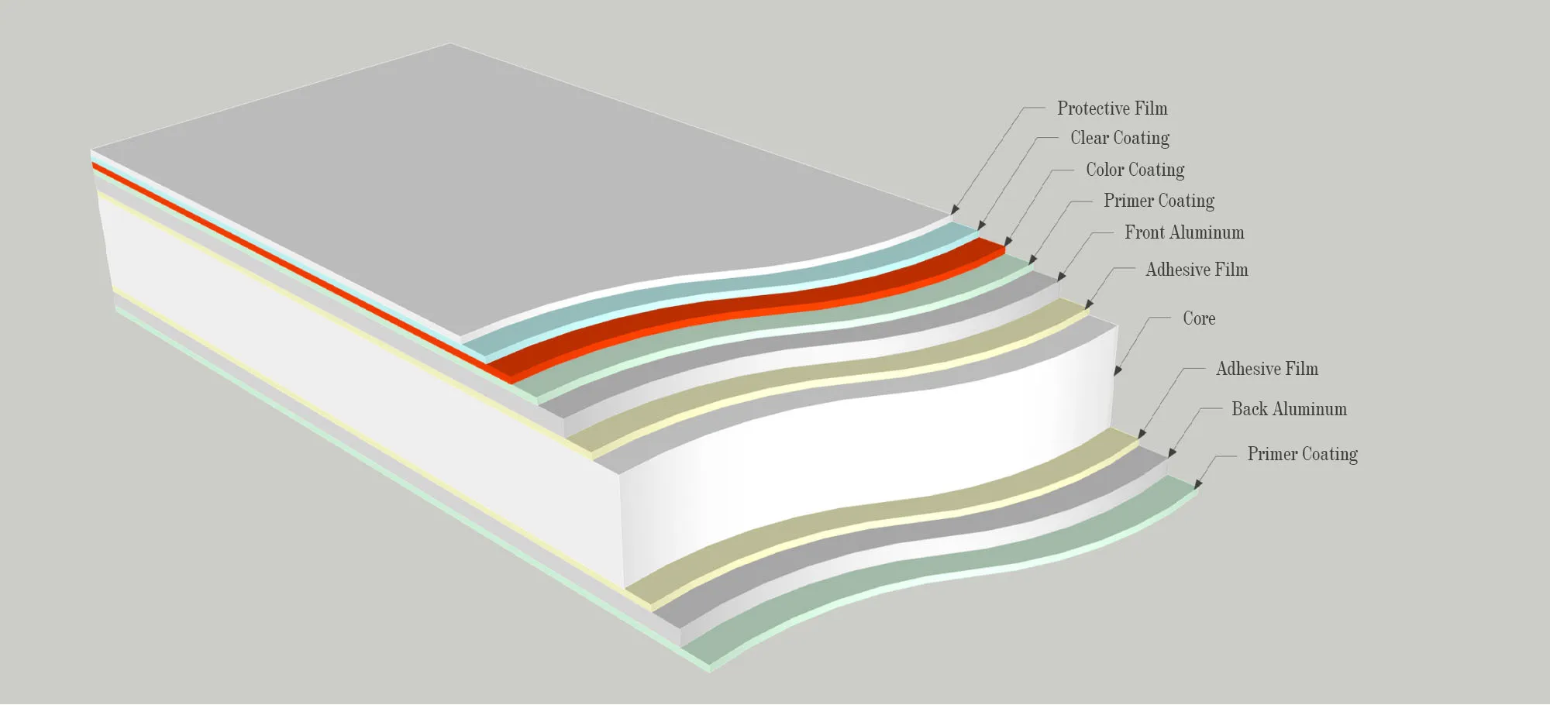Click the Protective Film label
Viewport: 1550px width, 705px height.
(x=1111, y=108)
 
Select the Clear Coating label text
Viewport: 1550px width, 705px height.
(x=1119, y=138)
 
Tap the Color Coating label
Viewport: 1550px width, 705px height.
(x=1135, y=170)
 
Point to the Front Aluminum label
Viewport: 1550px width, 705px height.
(x=1183, y=232)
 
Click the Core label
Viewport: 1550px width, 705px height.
(x=1198, y=318)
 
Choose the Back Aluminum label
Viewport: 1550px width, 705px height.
(x=1289, y=409)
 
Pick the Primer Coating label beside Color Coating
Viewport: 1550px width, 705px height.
(x=1159, y=201)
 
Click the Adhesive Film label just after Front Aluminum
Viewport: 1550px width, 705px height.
(x=1197, y=270)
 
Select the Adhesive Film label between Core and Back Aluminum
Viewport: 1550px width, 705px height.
(x=1266, y=369)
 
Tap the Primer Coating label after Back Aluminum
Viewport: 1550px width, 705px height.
(x=1302, y=454)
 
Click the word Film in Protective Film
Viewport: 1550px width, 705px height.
(x=1151, y=108)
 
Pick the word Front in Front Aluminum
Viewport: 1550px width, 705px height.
(x=1145, y=232)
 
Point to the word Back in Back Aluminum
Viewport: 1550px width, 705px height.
(x=1249, y=409)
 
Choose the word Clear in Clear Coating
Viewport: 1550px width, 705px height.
(x=1089, y=138)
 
